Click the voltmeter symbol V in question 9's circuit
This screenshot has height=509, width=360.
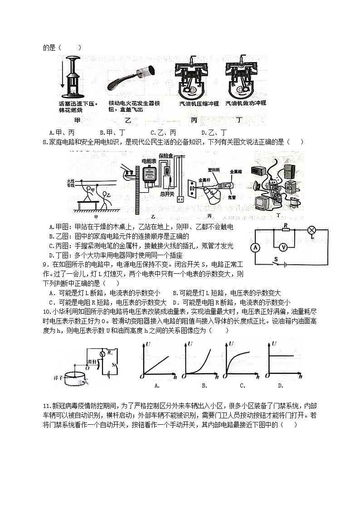(x=283, y=247)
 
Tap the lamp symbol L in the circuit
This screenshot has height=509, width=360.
(x=311, y=230)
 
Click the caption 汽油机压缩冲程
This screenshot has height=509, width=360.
(x=193, y=103)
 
